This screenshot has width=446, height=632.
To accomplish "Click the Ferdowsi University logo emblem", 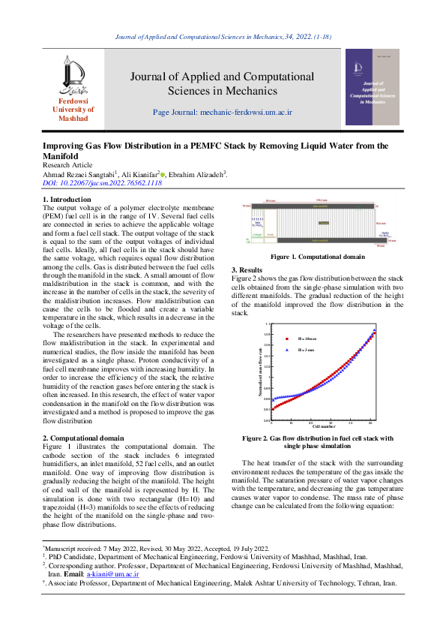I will tap(72, 78).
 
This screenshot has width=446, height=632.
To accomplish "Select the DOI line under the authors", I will tap(102, 182).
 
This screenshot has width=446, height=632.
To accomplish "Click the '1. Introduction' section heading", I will tap(66, 199).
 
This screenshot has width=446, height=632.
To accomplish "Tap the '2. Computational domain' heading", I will tap(83, 437).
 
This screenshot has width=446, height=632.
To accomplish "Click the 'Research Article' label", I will tap(67, 164).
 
